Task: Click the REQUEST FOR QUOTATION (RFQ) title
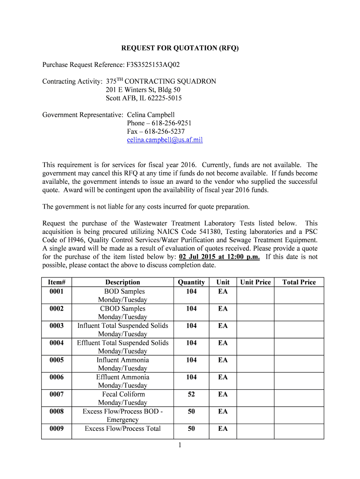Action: click(180, 48)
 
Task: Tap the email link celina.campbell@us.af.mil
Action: click(165, 140)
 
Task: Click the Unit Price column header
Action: click(255, 282)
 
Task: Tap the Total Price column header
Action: click(299, 282)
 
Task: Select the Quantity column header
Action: click(191, 282)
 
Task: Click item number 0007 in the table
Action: click(57, 394)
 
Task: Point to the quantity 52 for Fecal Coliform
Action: click(191, 394)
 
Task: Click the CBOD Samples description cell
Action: click(122, 309)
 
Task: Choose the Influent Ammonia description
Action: click(122, 360)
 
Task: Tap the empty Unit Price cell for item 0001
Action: click(255, 295)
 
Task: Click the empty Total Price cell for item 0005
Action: click(299, 364)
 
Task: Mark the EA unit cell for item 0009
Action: click(223, 428)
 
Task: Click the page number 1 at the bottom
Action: click(180, 445)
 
